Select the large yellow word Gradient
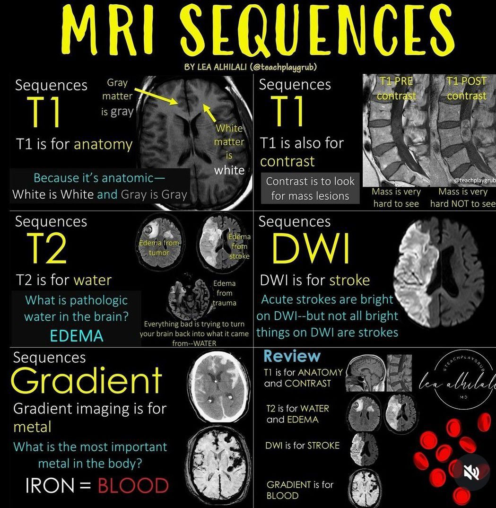click(87, 380)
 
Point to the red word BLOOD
click(133, 486)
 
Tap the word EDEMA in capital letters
click(76, 335)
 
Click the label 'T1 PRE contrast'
click(396, 88)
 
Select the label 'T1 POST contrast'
click(466, 88)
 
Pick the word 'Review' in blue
click(292, 356)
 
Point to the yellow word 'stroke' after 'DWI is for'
click(349, 280)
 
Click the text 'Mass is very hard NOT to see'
click(462, 198)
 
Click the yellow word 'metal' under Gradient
click(32, 427)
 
